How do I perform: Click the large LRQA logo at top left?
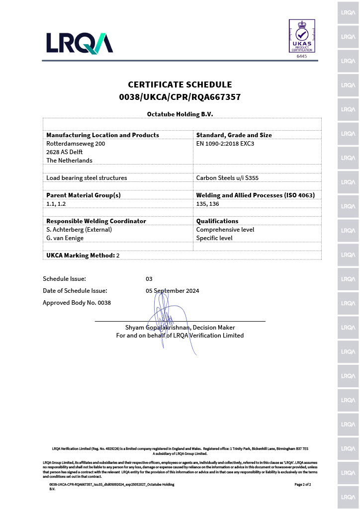[x=80, y=43]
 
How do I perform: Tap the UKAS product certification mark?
[x=302, y=36]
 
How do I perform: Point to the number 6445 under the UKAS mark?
[x=302, y=56]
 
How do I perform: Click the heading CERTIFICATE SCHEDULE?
[x=180, y=85]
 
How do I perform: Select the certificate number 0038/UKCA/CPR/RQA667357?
[x=180, y=97]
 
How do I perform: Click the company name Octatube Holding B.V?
[x=180, y=114]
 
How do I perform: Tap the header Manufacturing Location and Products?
[x=102, y=135]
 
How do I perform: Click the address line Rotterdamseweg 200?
[x=76, y=144]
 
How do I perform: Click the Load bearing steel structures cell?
[x=87, y=177]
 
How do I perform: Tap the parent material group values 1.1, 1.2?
[x=57, y=204]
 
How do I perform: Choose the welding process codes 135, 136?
[x=207, y=204]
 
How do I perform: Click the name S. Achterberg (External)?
[x=79, y=230]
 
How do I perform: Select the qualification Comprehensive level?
[x=225, y=230]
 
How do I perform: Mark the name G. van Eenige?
[x=65, y=238]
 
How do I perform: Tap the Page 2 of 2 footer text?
[x=302, y=484]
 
